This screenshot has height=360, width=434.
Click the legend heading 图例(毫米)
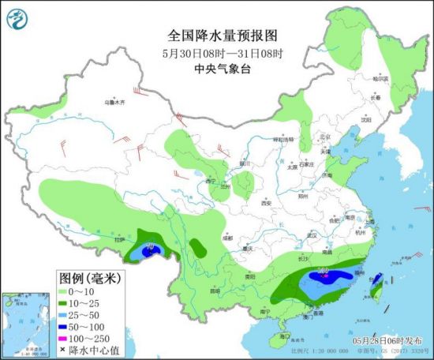pyautogui.click(x=89, y=278)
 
